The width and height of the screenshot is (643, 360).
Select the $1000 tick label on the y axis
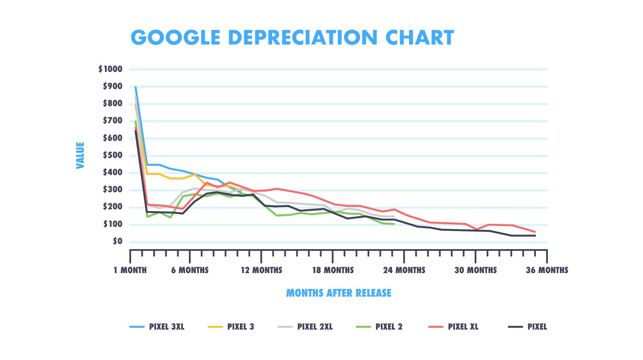click(x=110, y=69)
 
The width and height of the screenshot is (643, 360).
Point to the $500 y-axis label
click(x=112, y=155)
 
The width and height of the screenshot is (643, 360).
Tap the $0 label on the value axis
click(x=117, y=241)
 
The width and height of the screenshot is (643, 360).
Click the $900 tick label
click(x=112, y=86)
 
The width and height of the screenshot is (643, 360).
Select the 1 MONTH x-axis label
click(x=130, y=270)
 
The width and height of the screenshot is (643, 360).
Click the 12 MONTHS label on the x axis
click(x=261, y=270)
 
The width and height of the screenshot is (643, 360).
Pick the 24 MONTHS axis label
click(x=404, y=270)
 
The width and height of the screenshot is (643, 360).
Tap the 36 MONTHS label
click(x=547, y=270)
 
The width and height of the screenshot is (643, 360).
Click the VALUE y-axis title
click(x=80, y=155)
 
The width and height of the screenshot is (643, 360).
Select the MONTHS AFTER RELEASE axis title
click(x=338, y=293)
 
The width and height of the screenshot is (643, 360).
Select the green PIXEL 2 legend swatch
click(x=363, y=327)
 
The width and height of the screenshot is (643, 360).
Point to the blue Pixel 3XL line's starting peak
click(x=135, y=87)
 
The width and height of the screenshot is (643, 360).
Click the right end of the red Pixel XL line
click(x=535, y=232)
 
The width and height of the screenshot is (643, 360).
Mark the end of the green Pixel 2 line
click(x=394, y=224)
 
